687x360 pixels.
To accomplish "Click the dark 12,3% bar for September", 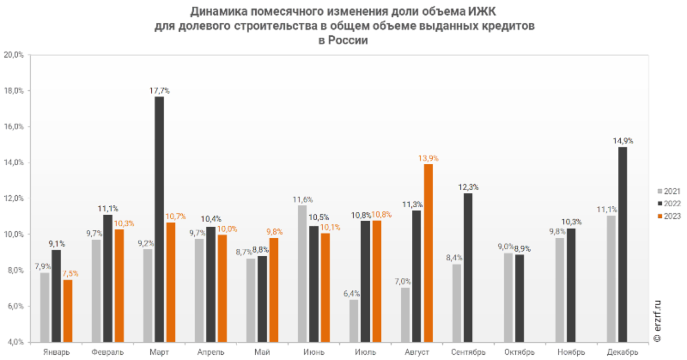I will tap(468, 265).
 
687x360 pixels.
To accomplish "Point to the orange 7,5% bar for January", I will tap(67, 308).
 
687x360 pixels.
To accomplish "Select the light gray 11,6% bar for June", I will tap(302, 272).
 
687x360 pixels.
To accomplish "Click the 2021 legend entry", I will tap(668, 191).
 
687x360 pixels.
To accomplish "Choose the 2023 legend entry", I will tap(668, 217).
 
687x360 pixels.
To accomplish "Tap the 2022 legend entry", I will tap(668, 204).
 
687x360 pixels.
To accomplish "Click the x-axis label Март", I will tap(159, 351).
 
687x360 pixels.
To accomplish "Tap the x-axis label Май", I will tap(262, 351).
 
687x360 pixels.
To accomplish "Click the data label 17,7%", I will tap(159, 89).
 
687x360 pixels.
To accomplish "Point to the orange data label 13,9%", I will tap(429, 157).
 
